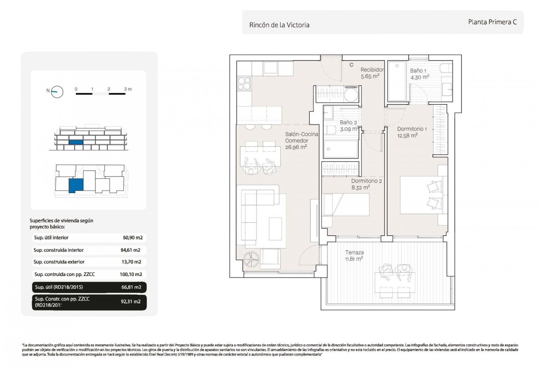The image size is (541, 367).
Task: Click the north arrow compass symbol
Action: coord(57,92)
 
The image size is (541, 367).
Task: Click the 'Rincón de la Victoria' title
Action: coord(279,25)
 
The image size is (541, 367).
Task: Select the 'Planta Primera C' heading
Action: coord(492,23)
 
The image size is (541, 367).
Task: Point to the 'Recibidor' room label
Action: coord(372,70)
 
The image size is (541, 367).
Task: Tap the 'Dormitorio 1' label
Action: coord(412,129)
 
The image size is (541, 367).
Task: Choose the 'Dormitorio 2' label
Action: coord(366,180)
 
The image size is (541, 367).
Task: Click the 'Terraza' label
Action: coord(354,253)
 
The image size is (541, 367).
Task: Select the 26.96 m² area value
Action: coord(296,147)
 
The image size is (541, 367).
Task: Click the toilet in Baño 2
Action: coord(330,130)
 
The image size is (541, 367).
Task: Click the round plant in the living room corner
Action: coord(250,260)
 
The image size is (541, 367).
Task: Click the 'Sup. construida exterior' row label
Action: coord(59,262)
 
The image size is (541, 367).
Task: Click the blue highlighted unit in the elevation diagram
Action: coord(76,142)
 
